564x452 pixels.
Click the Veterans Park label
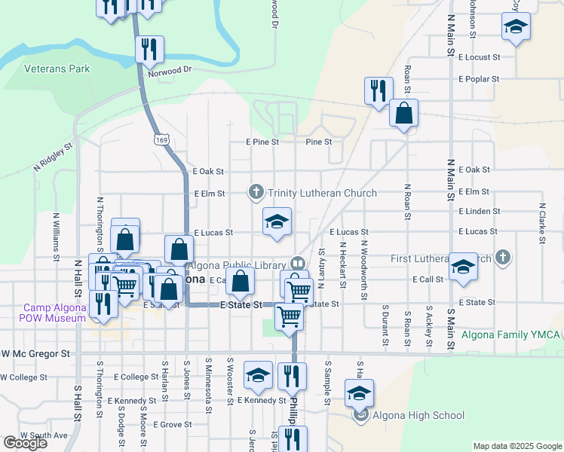point(57,69)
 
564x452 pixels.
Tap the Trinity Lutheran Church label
point(322,194)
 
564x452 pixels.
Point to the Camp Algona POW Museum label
point(55,313)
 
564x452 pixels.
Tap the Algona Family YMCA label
point(510,334)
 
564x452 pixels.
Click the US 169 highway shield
point(161,139)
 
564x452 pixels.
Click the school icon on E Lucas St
point(277,221)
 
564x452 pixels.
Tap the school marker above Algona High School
point(360,392)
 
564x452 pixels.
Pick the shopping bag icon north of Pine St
point(404,113)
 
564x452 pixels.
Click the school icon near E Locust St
point(516,26)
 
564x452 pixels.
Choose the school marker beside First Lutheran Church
point(463,267)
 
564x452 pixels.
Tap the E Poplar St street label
point(478,79)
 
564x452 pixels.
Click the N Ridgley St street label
point(54,157)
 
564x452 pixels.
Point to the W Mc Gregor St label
point(35,353)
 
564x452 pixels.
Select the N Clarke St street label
point(541,224)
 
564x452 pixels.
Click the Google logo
point(25,443)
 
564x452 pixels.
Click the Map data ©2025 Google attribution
point(516,446)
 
